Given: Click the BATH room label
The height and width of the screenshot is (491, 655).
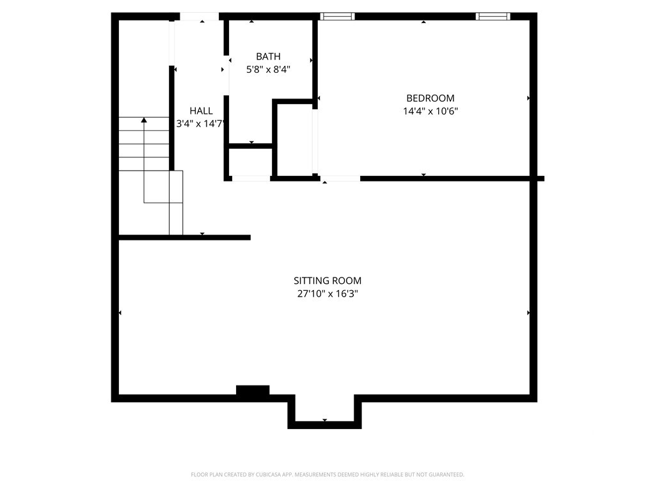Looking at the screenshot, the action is pyautogui.click(x=268, y=56).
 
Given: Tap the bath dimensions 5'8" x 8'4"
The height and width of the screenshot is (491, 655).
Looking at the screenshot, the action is pyautogui.click(x=268, y=69).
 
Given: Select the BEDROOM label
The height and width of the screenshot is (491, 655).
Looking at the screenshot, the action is pyautogui.click(x=430, y=98).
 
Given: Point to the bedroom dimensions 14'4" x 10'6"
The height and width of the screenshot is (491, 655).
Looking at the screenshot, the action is pyautogui.click(x=430, y=111).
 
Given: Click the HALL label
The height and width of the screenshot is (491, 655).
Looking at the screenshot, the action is pyautogui.click(x=201, y=111).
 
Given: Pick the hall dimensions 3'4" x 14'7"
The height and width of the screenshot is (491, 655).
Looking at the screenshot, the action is pyautogui.click(x=201, y=123).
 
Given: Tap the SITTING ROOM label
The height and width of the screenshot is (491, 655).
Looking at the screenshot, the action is pyautogui.click(x=327, y=281).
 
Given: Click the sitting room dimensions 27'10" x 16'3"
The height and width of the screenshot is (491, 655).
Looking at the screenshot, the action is pyautogui.click(x=327, y=293).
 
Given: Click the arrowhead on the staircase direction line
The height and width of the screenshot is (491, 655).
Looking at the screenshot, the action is pyautogui.click(x=144, y=120).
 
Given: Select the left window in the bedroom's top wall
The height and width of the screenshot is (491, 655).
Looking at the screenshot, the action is pyautogui.click(x=338, y=16).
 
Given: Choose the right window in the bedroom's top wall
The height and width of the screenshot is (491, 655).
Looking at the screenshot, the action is pyautogui.click(x=493, y=16).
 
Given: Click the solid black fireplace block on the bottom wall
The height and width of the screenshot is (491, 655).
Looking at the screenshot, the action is pyautogui.click(x=253, y=390).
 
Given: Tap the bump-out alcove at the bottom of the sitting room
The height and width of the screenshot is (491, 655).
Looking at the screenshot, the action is pyautogui.click(x=324, y=411).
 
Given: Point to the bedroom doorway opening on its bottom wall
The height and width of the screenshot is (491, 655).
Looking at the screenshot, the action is pyautogui.click(x=340, y=179).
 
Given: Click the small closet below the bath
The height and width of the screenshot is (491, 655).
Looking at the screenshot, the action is pyautogui.click(x=251, y=162).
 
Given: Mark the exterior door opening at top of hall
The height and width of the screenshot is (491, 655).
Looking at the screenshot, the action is pyautogui.click(x=200, y=16).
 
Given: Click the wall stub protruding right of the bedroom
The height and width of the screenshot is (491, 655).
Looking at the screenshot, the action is pyautogui.click(x=541, y=179).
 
